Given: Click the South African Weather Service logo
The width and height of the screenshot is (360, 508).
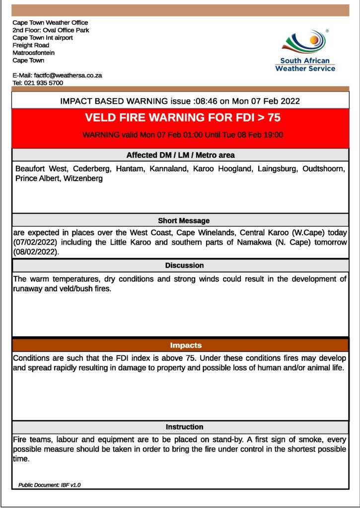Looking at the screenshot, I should (305, 51).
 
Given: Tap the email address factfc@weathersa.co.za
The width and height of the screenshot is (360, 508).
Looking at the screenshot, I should (72, 75).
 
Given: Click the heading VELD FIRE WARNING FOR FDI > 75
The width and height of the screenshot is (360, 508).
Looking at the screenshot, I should (183, 118).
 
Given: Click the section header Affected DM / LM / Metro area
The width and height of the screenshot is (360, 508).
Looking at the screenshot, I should (180, 155).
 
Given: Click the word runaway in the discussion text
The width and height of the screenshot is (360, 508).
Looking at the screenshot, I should (28, 289).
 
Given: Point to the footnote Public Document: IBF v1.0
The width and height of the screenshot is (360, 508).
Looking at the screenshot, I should (49, 485).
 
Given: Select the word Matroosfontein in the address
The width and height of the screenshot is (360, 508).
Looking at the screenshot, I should (34, 53).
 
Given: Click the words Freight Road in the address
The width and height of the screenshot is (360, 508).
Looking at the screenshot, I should (31, 46).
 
